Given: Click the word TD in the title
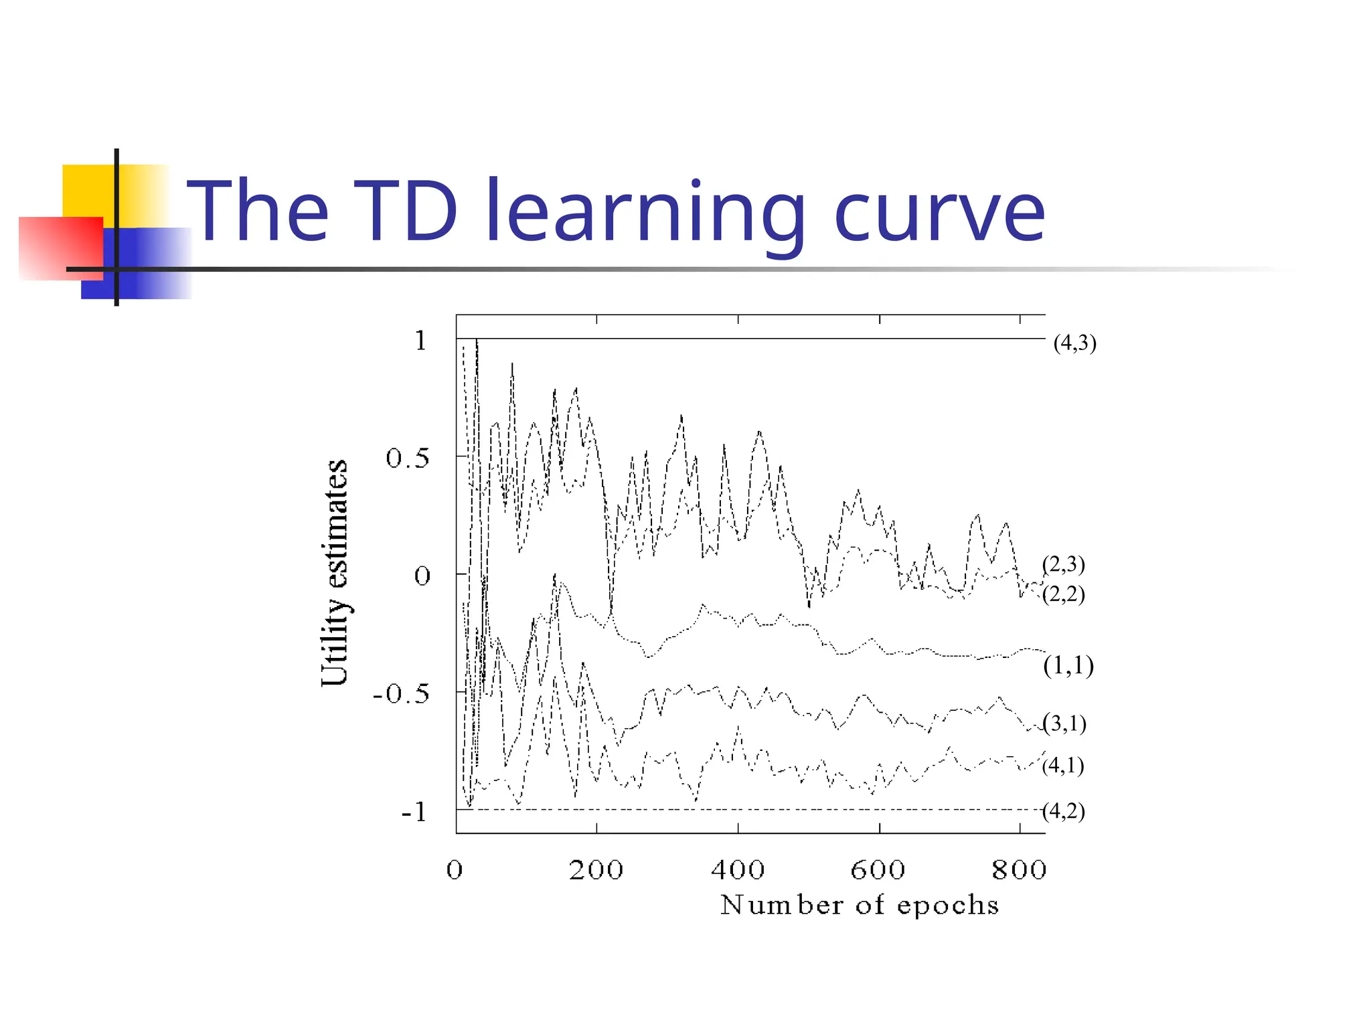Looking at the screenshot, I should pos(405,211).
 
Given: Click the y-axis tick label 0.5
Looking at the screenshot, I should pos(407,459).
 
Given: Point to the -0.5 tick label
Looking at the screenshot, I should pos(401,694).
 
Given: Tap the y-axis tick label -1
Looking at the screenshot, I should pos(414,812).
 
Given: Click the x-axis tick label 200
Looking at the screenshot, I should pos(596,870).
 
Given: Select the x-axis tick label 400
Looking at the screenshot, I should pos(738,870).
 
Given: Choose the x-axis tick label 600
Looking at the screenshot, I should pos(878,870).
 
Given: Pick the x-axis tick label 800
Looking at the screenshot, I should pos(1019,870).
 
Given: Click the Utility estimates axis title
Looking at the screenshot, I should pos(335,573).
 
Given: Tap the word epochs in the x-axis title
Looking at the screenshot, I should pos(948,906).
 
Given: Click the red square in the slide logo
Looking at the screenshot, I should pos(61,248).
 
